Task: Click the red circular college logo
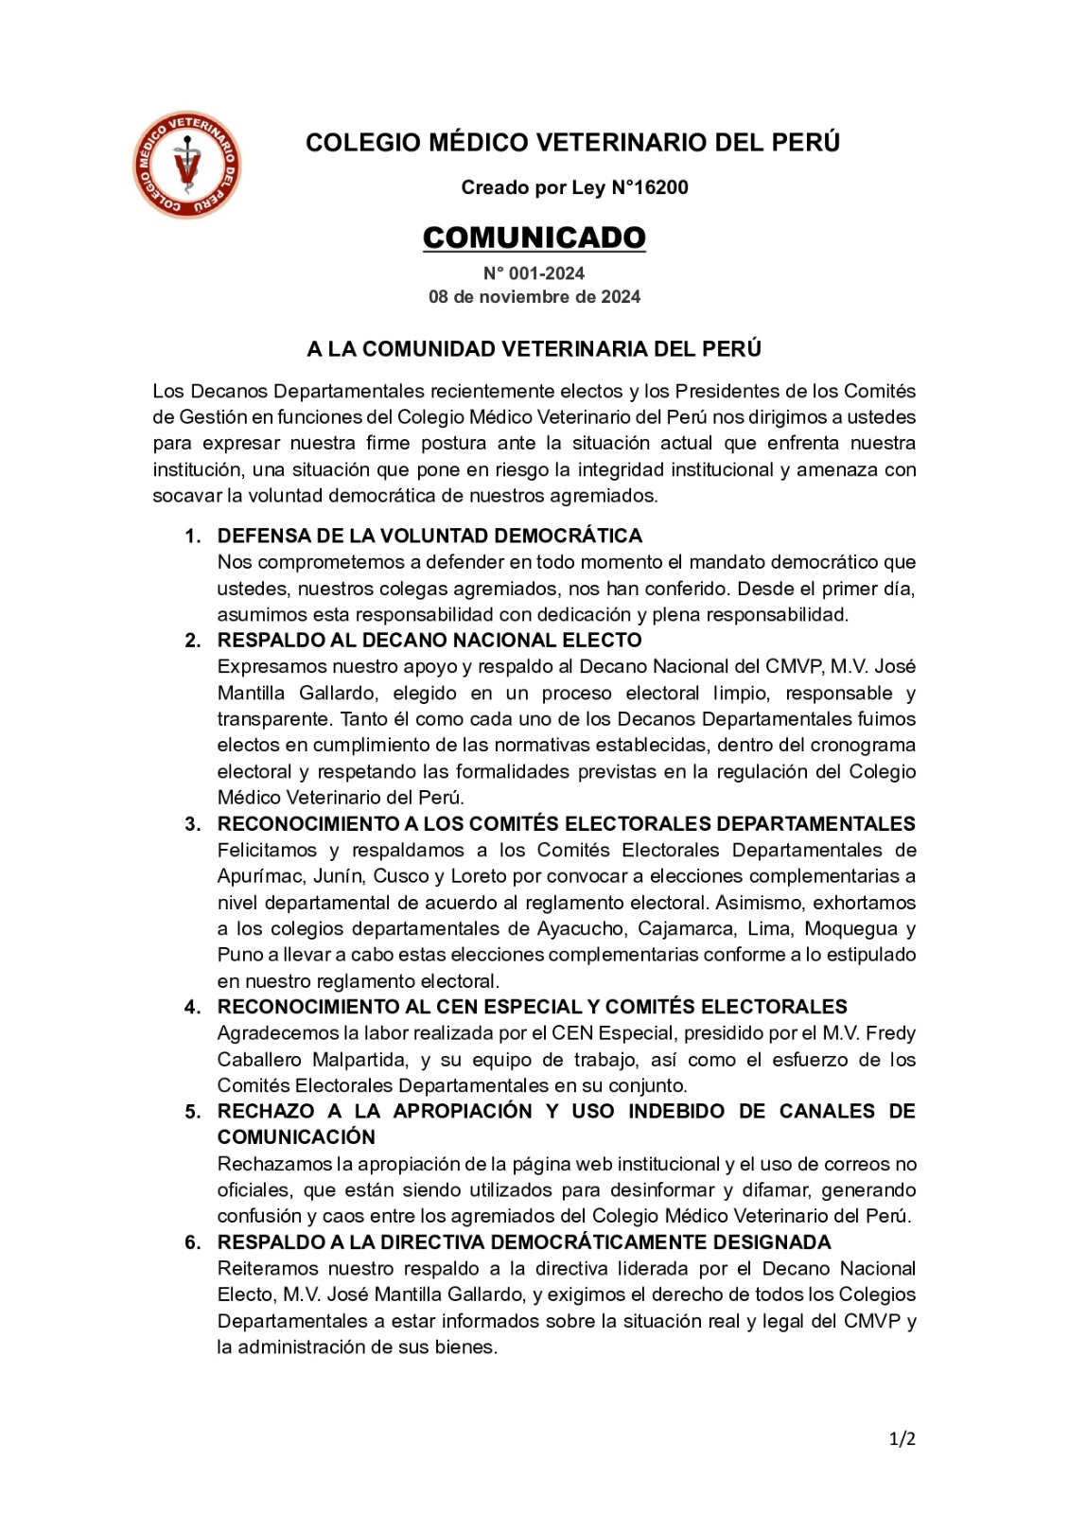187,165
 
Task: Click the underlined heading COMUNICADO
534,238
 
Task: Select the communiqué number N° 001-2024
534,273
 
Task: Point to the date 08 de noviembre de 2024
534,297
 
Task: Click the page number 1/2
902,1439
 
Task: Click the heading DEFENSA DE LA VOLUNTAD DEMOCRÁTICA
429,536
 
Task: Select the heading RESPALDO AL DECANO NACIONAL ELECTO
429,641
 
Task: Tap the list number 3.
192,824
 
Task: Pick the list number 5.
192,1112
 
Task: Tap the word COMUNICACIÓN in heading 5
296,1137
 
